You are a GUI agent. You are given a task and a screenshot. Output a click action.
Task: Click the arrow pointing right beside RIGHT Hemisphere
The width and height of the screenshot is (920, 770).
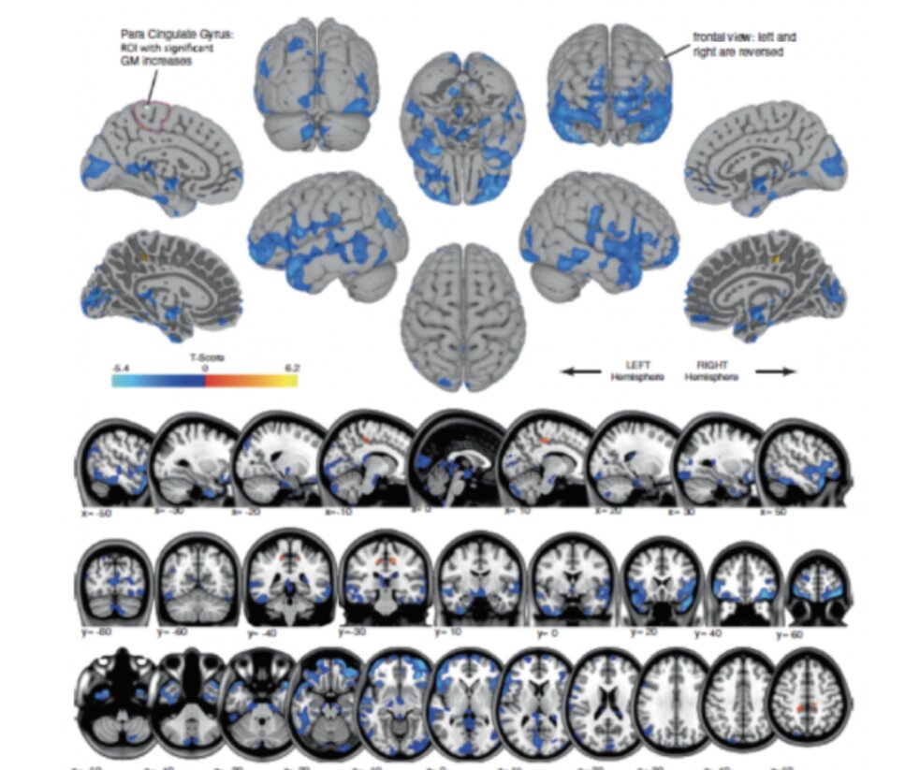776,371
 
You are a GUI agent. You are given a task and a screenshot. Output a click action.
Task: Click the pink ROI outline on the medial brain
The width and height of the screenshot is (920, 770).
152,114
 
